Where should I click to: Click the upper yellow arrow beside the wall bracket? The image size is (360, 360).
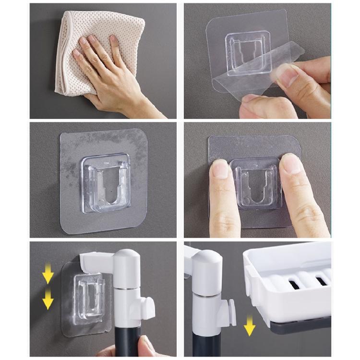coord(48,276)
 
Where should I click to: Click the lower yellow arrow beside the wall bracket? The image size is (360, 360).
coord(48,300)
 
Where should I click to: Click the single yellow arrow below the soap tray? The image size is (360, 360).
coord(249,328)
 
